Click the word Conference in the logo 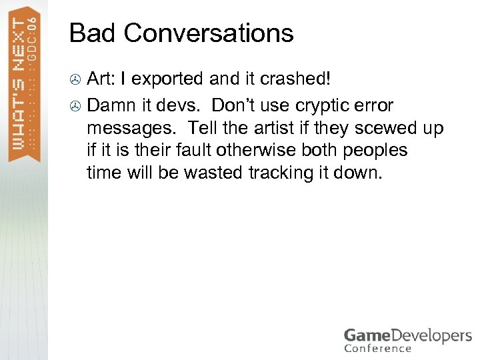pos(378,347)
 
